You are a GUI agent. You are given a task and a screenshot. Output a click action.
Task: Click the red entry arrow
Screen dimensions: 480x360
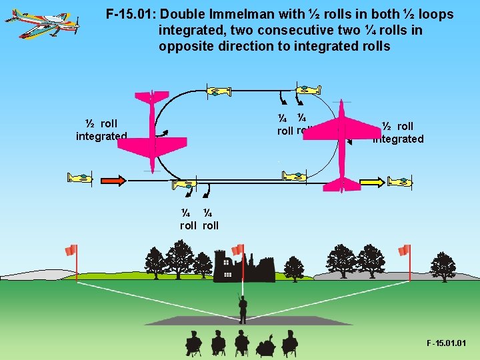pos(113,180)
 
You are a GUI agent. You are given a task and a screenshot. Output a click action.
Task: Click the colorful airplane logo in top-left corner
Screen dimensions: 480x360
pos(42,23)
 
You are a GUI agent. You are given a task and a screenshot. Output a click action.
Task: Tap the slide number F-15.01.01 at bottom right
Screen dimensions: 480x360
pos(446,343)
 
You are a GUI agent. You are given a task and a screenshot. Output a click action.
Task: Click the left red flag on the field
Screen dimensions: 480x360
pos(71,251)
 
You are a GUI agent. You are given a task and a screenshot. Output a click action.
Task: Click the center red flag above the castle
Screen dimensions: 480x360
pos(237,249)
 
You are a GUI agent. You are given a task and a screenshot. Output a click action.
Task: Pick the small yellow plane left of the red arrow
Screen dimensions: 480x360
pos(80,178)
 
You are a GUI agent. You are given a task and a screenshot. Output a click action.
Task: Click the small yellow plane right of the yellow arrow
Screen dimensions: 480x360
pos(400,181)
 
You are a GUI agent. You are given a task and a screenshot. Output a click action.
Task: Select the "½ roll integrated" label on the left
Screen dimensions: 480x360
pos(101,130)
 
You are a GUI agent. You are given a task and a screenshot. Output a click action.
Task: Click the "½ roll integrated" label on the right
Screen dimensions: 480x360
pos(398,132)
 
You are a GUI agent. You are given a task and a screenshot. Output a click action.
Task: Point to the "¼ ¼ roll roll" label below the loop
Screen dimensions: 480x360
pos(199,219)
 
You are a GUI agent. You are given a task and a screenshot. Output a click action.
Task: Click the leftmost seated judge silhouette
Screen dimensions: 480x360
pos(193,343)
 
